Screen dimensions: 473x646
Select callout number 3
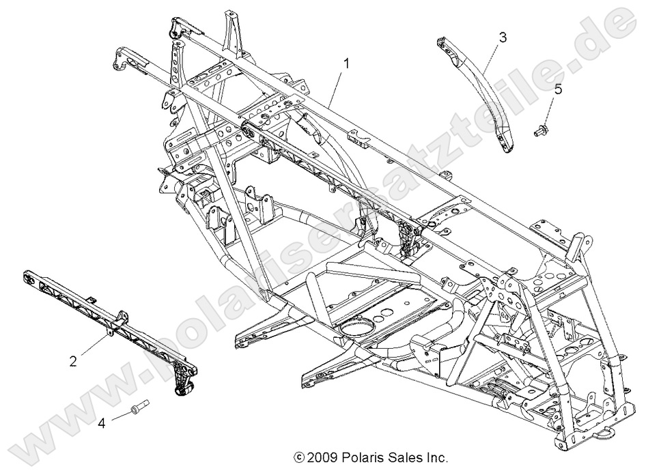tap(503, 37)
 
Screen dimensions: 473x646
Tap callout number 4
tap(102, 423)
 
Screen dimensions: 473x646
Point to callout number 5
tap(558, 89)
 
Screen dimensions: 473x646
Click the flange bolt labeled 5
tap(542, 127)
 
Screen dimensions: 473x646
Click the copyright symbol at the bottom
tap(298, 457)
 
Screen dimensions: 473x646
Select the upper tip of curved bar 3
tap(442, 42)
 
